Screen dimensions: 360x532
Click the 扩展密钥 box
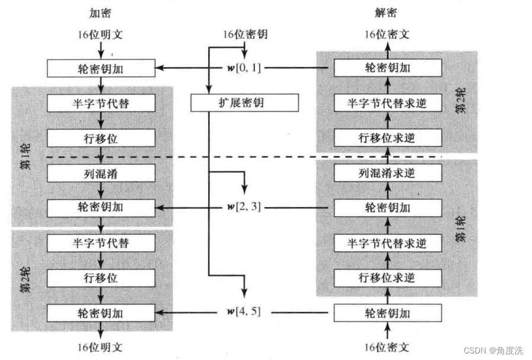(x=244, y=103)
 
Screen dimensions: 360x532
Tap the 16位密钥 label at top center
(x=244, y=34)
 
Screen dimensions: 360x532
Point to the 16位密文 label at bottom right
(x=388, y=346)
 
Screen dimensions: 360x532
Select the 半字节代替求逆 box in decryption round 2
(x=388, y=103)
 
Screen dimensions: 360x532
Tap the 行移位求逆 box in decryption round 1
(x=388, y=278)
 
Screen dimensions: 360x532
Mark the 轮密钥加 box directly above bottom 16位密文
(x=388, y=312)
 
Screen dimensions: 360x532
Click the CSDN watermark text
(x=498, y=351)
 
